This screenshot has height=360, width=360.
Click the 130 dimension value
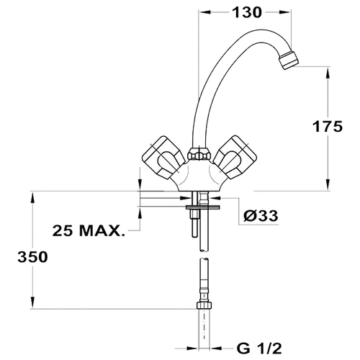pyautogui.click(x=247, y=12)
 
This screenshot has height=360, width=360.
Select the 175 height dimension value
pyautogui.click(x=328, y=126)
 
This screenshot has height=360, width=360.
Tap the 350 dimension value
pyautogui.click(x=32, y=257)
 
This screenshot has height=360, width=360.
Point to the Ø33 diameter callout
pyautogui.click(x=261, y=215)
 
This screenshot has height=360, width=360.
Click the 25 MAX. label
pyautogui.click(x=89, y=230)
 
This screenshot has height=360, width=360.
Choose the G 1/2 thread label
pyautogui.click(x=258, y=348)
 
